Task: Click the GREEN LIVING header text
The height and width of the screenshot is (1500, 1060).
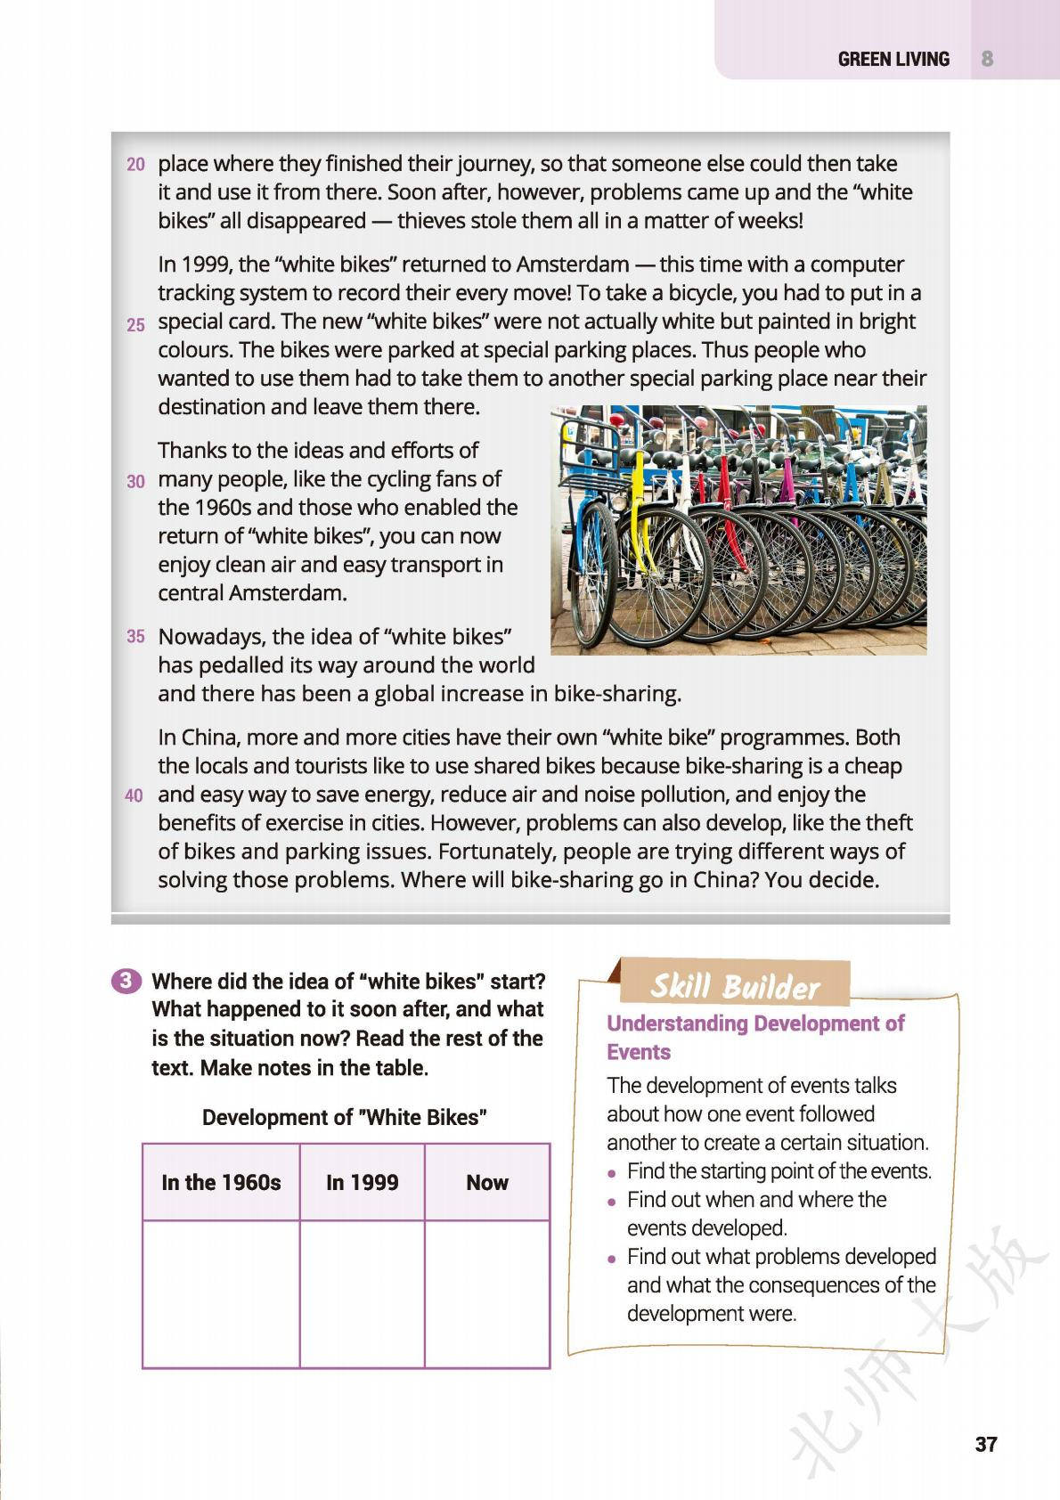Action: [x=893, y=59]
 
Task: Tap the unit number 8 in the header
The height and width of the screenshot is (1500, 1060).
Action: [x=987, y=59]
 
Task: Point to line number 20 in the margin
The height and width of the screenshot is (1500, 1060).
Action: [x=135, y=164]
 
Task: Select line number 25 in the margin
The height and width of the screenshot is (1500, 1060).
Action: [x=135, y=325]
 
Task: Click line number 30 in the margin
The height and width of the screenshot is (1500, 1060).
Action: [x=135, y=482]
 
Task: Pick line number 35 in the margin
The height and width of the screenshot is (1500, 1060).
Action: [x=135, y=637]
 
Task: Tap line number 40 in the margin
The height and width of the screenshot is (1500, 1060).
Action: [x=134, y=795]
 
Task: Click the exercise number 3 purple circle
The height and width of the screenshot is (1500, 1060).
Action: [x=126, y=981]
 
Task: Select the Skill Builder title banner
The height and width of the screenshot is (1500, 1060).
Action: [x=734, y=986]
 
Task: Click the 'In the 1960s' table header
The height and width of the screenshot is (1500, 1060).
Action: [x=221, y=1183]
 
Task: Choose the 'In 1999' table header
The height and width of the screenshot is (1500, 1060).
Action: [x=362, y=1183]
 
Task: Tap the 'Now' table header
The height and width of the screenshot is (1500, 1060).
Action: [x=487, y=1183]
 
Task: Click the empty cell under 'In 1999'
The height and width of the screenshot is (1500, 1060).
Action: [x=362, y=1293]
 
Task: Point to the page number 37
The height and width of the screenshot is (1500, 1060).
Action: [x=985, y=1444]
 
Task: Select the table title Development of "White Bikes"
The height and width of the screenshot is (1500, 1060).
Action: [x=345, y=1117]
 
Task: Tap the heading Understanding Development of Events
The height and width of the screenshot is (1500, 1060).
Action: [x=754, y=1037]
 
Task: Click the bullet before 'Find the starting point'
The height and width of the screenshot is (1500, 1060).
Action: [x=612, y=1172]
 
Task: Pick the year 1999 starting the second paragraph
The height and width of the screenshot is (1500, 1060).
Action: [x=206, y=265]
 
